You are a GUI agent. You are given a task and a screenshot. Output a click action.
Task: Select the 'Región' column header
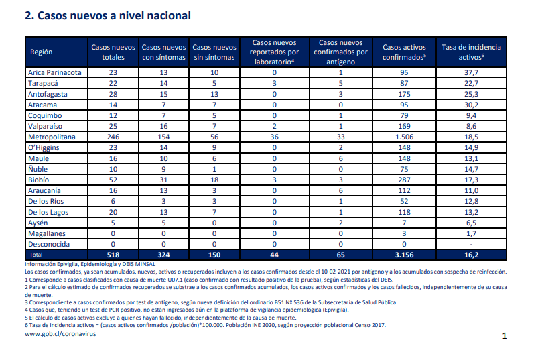pos(41,52)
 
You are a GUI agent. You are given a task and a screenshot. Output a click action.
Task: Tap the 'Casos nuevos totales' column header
pos(113,52)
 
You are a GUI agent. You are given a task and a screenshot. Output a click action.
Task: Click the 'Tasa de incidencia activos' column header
pos(471,52)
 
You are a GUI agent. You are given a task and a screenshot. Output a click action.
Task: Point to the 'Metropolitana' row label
pos(52,137)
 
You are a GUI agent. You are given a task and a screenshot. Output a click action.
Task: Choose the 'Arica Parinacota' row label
pos(55,72)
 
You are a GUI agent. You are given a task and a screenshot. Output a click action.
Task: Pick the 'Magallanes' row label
pos(47,234)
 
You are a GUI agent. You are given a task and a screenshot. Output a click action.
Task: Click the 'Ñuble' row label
pos(38,169)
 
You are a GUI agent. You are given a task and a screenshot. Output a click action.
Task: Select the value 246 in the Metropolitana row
pos(113,137)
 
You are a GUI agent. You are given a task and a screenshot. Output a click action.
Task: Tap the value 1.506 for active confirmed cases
pos(404,137)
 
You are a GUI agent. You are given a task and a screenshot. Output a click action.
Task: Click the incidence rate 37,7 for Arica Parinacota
pos(471,72)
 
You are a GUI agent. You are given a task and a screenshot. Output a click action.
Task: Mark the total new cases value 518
pos(113,255)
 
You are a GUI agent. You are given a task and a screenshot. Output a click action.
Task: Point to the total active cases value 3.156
pos(404,255)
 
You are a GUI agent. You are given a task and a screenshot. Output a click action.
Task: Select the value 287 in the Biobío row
pos(404,180)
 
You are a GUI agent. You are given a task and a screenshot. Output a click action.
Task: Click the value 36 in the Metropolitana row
pos(274,137)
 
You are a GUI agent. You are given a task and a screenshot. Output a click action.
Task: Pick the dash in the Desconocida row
pos(471,244)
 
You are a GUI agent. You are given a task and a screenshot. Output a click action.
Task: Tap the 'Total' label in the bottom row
pos(36,255)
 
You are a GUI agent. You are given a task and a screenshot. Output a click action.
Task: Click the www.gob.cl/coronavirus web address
pos(60,334)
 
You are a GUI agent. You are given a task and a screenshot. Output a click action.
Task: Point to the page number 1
pos(505,336)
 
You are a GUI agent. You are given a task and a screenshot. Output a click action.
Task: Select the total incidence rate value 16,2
pos(471,255)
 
